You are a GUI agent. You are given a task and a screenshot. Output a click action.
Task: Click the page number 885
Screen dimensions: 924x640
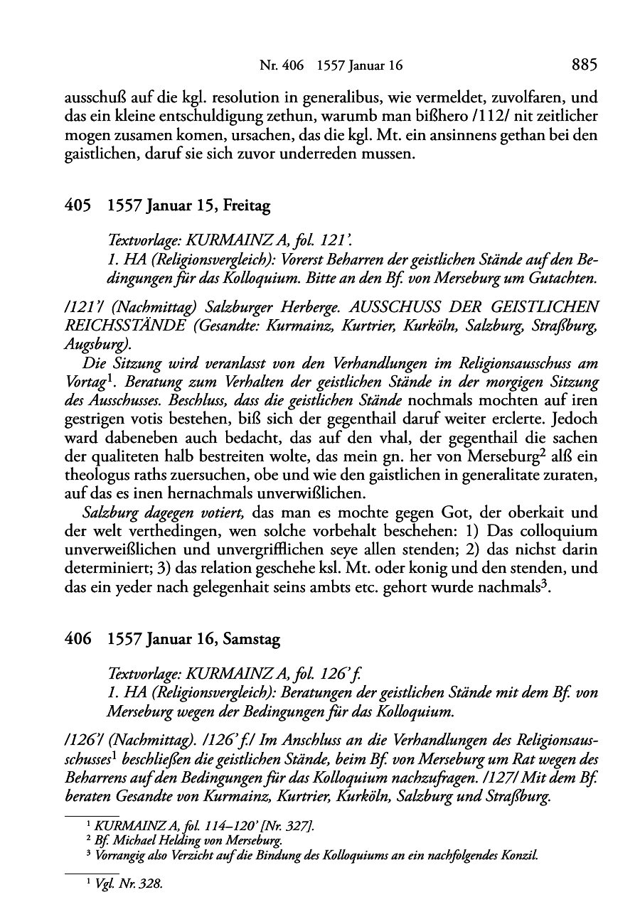(x=584, y=65)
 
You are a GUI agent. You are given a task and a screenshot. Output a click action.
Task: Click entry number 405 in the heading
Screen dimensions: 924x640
(x=78, y=207)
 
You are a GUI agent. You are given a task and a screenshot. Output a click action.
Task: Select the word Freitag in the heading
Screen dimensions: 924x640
(x=247, y=207)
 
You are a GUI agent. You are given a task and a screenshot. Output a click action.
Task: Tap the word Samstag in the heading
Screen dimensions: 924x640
(x=252, y=640)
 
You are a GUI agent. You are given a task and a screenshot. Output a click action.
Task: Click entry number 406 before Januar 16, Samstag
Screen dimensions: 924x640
(x=78, y=640)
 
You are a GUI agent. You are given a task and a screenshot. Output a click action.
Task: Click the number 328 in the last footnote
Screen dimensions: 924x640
(x=151, y=885)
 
